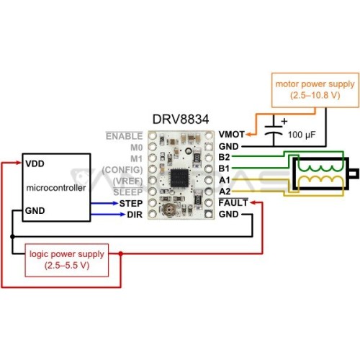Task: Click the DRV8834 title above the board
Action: (x=181, y=119)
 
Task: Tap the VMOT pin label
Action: (x=231, y=135)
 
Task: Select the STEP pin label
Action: (x=131, y=204)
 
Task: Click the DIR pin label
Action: (x=135, y=215)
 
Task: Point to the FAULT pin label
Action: (x=233, y=203)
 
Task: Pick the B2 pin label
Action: (x=224, y=157)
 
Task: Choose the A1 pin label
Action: (x=225, y=180)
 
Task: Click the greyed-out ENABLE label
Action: (x=124, y=136)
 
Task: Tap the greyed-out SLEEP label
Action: (x=128, y=192)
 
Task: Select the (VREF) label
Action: (x=127, y=181)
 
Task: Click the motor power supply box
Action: (x=315, y=90)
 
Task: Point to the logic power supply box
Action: (x=67, y=260)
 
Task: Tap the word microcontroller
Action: (x=56, y=188)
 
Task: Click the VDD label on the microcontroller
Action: (x=35, y=163)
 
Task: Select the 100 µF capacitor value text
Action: (x=302, y=135)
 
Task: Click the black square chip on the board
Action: (x=179, y=178)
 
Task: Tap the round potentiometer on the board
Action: (x=169, y=210)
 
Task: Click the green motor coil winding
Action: (x=320, y=168)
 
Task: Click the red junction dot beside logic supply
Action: (x=121, y=253)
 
